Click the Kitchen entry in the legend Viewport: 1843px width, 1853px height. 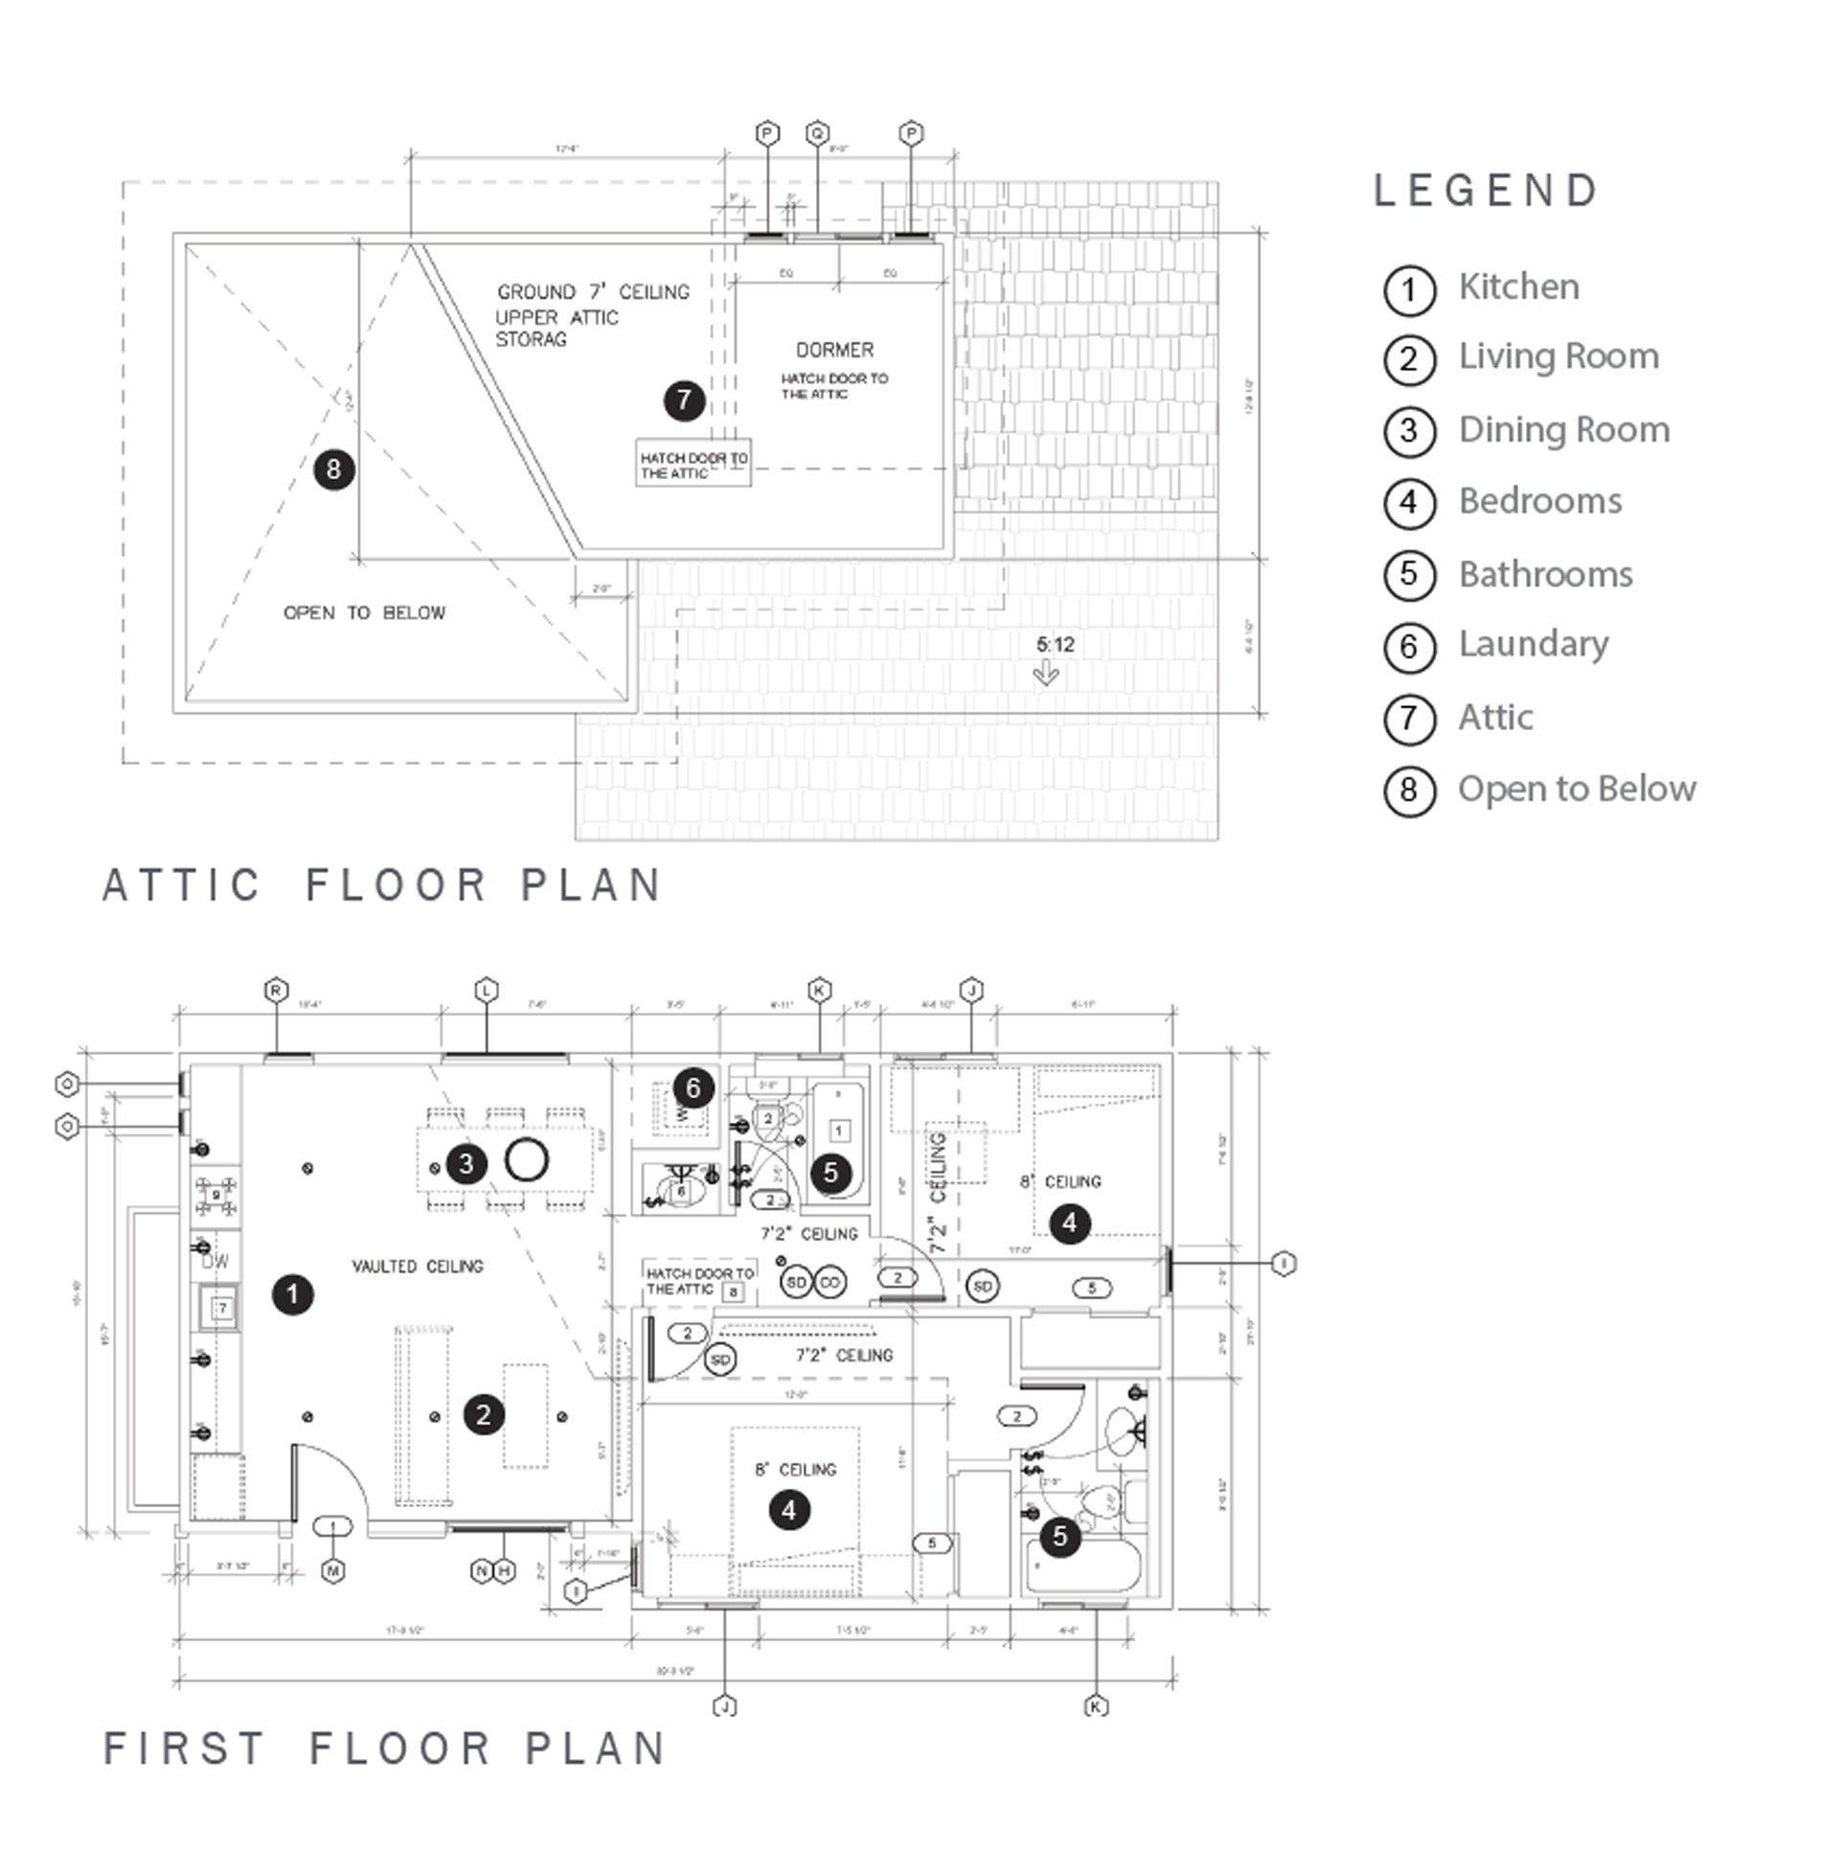pyautogui.click(x=1518, y=286)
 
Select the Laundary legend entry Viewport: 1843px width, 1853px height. pyautogui.click(x=1533, y=644)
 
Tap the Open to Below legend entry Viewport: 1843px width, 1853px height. pyautogui.click(x=1576, y=789)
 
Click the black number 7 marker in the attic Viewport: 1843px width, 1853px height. pyautogui.click(x=684, y=400)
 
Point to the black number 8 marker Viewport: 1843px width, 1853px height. pyautogui.click(x=333, y=469)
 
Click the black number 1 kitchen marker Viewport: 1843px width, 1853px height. pyautogui.click(x=292, y=1293)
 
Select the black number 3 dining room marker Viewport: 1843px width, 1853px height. pyautogui.click(x=466, y=1163)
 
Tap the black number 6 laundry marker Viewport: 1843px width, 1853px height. pyautogui.click(x=693, y=1087)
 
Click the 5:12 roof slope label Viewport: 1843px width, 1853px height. pyautogui.click(x=1055, y=645)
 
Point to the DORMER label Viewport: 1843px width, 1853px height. pyautogui.click(x=834, y=350)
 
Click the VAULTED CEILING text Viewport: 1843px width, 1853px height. pyautogui.click(x=417, y=1266)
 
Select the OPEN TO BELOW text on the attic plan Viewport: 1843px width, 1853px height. pyautogui.click(x=364, y=613)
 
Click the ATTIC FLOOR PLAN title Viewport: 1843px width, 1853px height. pyautogui.click(x=381, y=884)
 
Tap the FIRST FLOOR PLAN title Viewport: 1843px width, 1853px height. pyautogui.click(x=383, y=1748)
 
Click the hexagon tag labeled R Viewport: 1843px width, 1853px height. pyautogui.click(x=276, y=991)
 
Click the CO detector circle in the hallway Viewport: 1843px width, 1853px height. pyautogui.click(x=830, y=1282)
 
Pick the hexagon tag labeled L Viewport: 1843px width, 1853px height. pyautogui.click(x=488, y=991)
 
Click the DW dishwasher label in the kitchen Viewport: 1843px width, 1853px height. pyautogui.click(x=216, y=1262)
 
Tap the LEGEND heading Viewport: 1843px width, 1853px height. pyautogui.click(x=1486, y=191)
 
